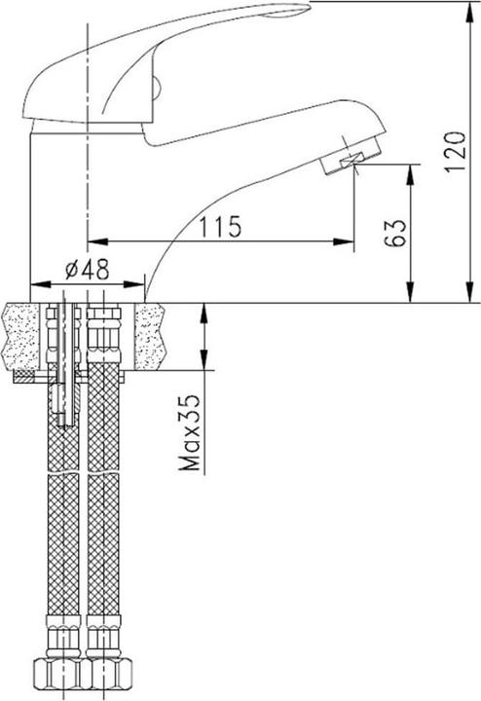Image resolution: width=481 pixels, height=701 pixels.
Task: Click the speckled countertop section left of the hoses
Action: click(24, 336)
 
